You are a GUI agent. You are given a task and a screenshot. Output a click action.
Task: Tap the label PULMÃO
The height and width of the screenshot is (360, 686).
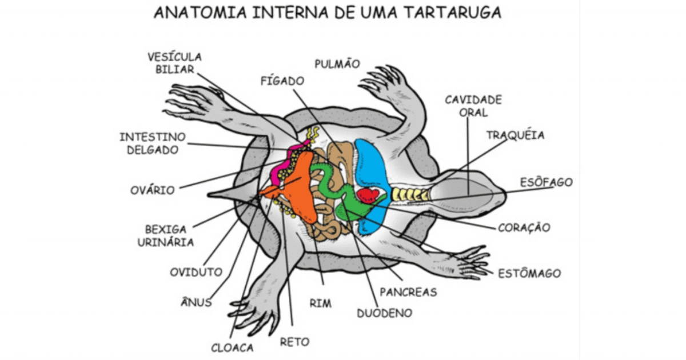pyautogui.click(x=337, y=63)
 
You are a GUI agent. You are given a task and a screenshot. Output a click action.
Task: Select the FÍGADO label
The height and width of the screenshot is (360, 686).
pyautogui.click(x=282, y=81)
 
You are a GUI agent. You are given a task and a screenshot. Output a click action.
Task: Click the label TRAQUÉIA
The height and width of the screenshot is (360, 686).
pyautogui.click(x=515, y=135)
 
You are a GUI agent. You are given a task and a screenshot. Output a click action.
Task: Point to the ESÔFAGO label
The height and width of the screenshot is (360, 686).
pyautogui.click(x=546, y=182)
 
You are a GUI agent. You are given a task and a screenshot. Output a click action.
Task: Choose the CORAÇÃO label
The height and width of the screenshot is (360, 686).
pyautogui.click(x=524, y=227)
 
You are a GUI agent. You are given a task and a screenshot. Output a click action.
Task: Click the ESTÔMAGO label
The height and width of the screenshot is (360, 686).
pyautogui.click(x=529, y=273)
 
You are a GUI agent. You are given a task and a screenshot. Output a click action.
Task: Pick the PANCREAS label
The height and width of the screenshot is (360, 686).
pyautogui.click(x=408, y=292)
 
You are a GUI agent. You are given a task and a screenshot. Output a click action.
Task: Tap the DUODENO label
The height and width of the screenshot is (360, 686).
pyautogui.click(x=384, y=313)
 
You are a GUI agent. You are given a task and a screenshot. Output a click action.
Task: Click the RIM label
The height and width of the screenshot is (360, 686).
pyautogui.click(x=320, y=303)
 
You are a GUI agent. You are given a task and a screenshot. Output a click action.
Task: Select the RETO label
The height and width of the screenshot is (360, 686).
pyautogui.click(x=294, y=342)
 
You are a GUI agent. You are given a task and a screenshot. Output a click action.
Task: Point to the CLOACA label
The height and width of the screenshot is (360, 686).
pyautogui.click(x=232, y=347)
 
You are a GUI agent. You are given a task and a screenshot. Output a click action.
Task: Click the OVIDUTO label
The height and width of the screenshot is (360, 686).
pyautogui.click(x=196, y=272)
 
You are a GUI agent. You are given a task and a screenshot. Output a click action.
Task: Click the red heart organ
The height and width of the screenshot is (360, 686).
pyautogui.click(x=368, y=196)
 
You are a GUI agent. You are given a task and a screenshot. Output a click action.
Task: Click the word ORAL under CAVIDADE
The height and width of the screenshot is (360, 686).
pyautogui.click(x=473, y=113)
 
